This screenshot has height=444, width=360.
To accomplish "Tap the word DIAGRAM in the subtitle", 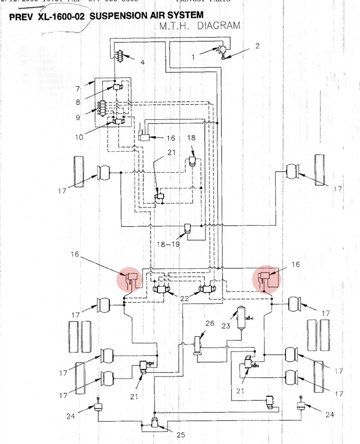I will [x=219, y=25].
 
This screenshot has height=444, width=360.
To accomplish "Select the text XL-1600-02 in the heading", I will [x=60, y=16].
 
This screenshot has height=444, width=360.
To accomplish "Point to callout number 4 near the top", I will [x=142, y=62].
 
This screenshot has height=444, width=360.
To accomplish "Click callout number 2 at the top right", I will [x=257, y=46].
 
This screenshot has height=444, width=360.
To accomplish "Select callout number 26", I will [x=209, y=323].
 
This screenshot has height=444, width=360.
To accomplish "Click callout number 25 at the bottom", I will [x=181, y=435].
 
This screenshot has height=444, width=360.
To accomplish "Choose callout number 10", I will [x=79, y=137].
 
